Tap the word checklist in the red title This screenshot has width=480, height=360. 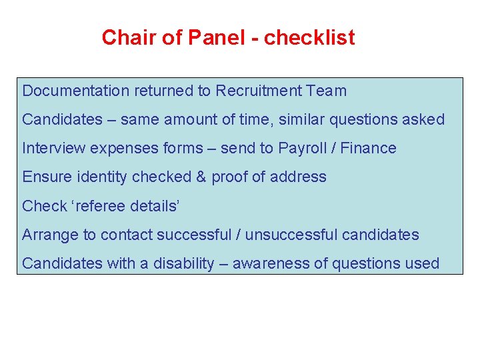[x=309, y=38]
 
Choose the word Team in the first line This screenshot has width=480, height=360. [x=327, y=91]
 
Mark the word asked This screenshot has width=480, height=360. [x=423, y=119]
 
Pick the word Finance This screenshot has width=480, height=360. [x=368, y=148]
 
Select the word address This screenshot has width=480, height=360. [x=298, y=177]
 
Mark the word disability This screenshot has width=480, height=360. [x=184, y=263]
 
